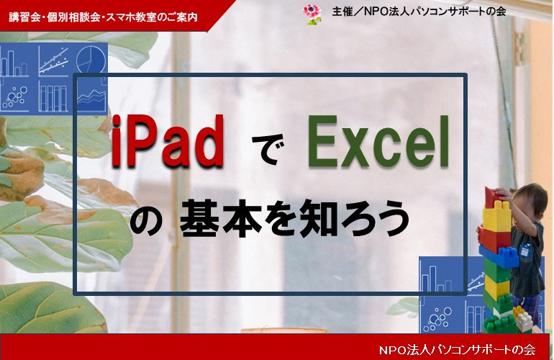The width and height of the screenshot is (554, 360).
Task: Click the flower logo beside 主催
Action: pos(311,12)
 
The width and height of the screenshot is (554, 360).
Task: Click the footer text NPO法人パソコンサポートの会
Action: pos(457,349)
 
